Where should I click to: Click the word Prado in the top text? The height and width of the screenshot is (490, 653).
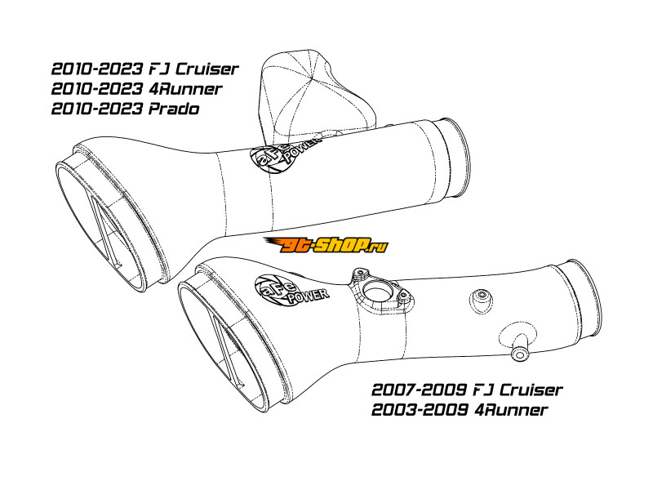click(174, 109)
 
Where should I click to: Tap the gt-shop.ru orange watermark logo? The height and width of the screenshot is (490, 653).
click(326, 244)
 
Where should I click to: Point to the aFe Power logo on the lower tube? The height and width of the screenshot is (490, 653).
click(291, 291)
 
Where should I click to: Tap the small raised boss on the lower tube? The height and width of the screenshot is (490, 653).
click(482, 298)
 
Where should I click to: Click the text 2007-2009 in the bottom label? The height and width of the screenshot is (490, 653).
click(419, 390)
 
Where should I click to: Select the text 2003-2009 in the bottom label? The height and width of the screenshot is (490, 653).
click(419, 410)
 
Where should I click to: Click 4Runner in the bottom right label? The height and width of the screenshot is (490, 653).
click(511, 410)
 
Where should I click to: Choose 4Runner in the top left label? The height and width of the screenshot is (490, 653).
click(185, 89)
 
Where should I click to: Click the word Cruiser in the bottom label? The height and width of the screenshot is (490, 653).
click(531, 390)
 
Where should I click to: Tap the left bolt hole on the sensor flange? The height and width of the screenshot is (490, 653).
click(358, 275)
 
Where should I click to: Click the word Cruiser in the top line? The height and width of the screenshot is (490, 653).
click(207, 69)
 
